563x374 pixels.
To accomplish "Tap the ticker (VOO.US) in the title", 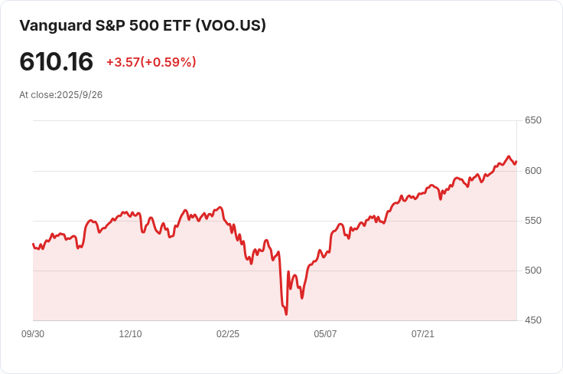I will pos(231,25).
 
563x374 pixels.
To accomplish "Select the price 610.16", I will pos(56,62).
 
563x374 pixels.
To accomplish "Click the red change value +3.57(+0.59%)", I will pos(151,62).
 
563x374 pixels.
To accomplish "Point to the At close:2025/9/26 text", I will pos(60,95).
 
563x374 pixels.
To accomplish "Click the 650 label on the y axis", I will pos(532,120).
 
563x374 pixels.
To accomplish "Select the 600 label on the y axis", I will pos(532,170).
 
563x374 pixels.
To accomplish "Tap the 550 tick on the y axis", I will pos(532,221).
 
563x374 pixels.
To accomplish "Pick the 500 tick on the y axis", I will pos(532,271).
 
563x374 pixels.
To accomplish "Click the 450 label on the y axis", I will pos(532,320).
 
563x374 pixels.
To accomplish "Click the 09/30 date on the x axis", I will pos(33,334).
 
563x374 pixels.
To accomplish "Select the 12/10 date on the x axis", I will pos(130,334).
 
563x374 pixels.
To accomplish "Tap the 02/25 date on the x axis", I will pos(228,334).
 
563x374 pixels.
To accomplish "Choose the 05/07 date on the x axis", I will pos(325,334).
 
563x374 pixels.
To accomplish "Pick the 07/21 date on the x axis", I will pos(423,334).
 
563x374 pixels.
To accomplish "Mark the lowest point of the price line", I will pos(286,313).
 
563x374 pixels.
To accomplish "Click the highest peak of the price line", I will pos(508,156).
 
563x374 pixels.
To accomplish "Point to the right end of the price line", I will pos(516,162).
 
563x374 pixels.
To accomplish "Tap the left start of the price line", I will pos(33,244).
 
